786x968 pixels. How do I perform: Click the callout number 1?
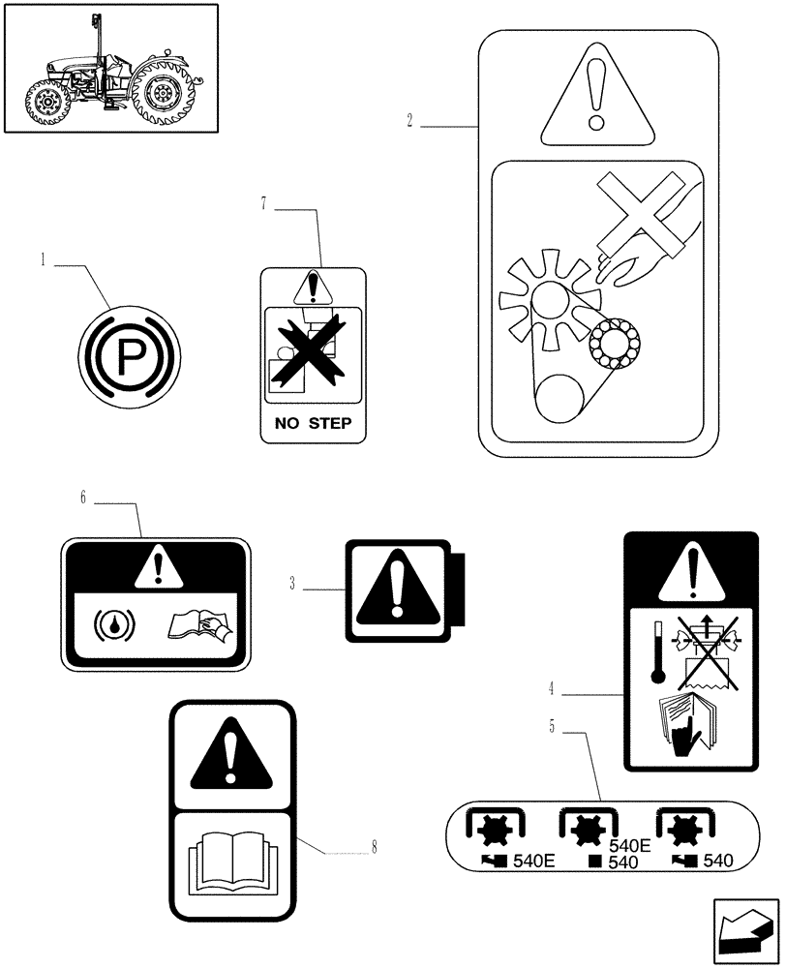coord(43,259)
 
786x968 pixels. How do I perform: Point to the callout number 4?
coord(551,690)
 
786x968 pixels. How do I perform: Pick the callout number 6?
coord(83,498)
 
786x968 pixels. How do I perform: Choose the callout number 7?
coord(262,202)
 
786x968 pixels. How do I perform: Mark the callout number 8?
coord(373,847)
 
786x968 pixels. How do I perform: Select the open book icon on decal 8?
coord(231,859)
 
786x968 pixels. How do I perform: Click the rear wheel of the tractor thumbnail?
coord(166,95)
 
